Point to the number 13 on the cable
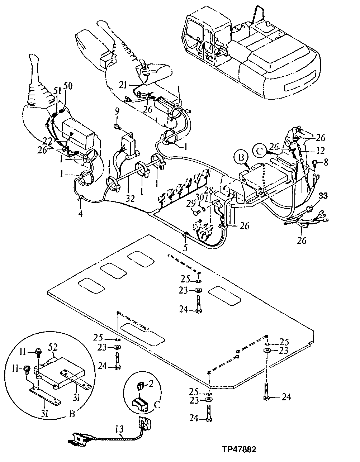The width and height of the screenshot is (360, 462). (x=120, y=429)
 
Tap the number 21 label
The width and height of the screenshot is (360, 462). (x=123, y=85)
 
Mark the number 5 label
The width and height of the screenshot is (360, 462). (x=185, y=247)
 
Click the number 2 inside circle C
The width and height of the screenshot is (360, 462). (x=151, y=385)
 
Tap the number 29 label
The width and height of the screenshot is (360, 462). (x=190, y=204)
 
